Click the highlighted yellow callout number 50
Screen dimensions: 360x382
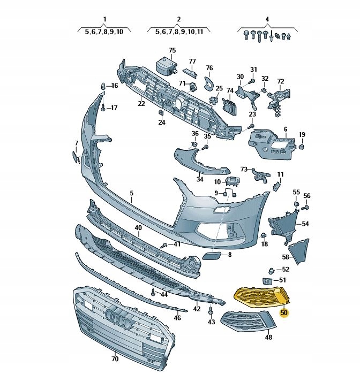[284, 312]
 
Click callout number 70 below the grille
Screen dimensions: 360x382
[115, 358]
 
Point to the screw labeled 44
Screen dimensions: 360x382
[153, 292]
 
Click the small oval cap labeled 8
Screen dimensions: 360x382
[212, 256]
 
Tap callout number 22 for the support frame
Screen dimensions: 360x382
[141, 103]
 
